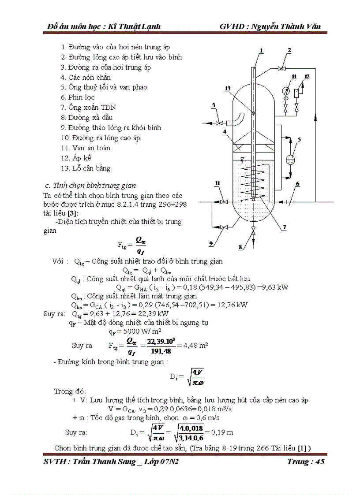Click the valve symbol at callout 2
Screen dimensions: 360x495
pyautogui.click(x=281, y=68)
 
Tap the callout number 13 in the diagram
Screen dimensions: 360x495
pyautogui.click(x=227, y=89)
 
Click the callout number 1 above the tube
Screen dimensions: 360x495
pyautogui.click(x=261, y=51)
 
